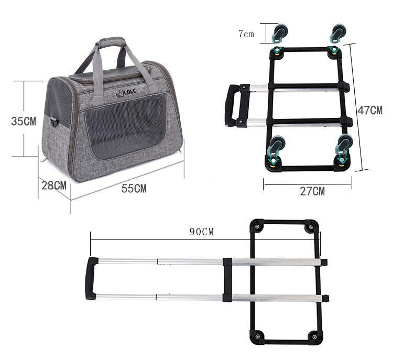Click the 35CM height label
tap(24, 122)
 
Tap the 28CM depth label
tap(54, 186)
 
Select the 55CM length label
tap(134, 189)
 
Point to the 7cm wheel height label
tap(246, 34)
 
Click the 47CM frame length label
tap(370, 111)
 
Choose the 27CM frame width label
tap(312, 192)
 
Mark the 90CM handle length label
tap(202, 232)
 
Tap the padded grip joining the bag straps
tap(112, 42)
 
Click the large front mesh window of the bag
tap(125, 127)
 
